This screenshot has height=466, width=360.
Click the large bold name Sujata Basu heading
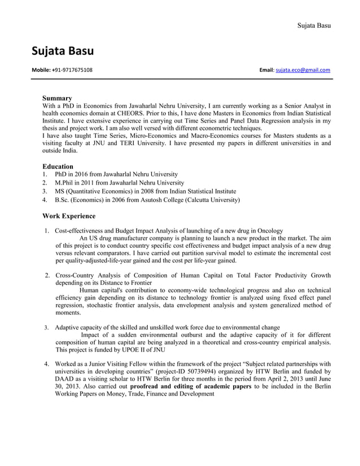point(62,52)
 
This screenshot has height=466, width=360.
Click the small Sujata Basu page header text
point(314,25)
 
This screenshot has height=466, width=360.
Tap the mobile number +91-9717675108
point(72,70)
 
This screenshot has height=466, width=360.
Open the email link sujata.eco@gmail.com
point(302,70)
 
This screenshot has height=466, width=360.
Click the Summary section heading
point(57,98)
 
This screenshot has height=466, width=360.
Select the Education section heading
point(58,166)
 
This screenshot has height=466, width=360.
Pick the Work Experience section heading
point(69,216)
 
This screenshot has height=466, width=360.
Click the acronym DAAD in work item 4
point(65,379)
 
